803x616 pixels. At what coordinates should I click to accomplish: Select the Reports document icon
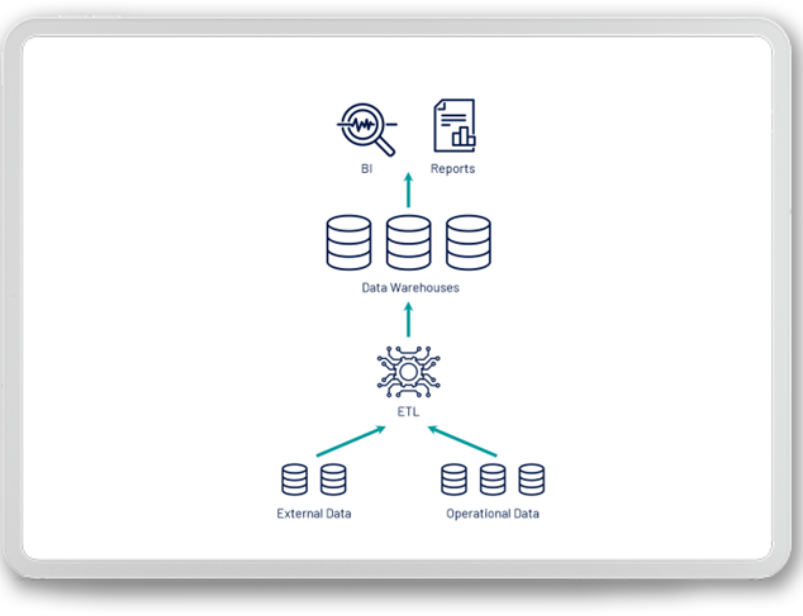(455, 125)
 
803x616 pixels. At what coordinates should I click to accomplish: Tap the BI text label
(367, 169)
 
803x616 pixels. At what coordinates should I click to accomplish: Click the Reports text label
(453, 169)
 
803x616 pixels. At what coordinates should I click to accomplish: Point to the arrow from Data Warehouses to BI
(409, 190)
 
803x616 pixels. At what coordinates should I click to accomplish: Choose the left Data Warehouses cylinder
(349, 243)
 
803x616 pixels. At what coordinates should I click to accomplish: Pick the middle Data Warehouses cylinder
(409, 243)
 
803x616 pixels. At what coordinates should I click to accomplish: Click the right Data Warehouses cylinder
(468, 243)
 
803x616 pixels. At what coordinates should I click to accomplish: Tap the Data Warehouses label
(410, 288)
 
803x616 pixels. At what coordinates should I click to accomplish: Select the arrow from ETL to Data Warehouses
(409, 319)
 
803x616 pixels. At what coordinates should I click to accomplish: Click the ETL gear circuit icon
(409, 372)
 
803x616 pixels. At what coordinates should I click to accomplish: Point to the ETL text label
(408, 412)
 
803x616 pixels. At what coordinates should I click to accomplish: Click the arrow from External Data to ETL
(351, 441)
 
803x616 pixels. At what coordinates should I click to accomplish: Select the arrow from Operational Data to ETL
(462, 441)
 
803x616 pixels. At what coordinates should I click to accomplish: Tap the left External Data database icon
(295, 480)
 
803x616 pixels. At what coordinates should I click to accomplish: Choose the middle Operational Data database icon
(493, 480)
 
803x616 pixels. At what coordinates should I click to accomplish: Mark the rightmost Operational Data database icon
(531, 480)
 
